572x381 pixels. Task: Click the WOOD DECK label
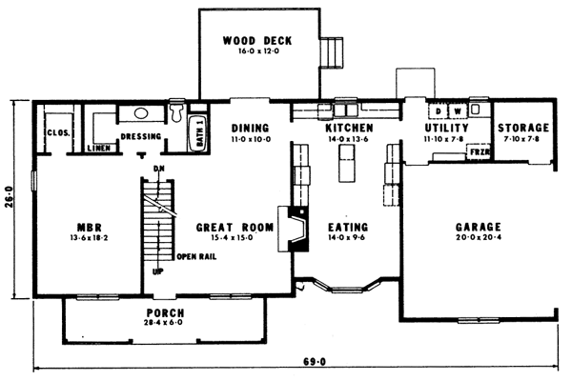pyautogui.click(x=256, y=40)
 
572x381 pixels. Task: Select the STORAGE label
pyautogui.click(x=523, y=128)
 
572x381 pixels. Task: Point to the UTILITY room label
pyautogui.click(x=444, y=128)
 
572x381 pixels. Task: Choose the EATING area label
pyautogui.click(x=348, y=228)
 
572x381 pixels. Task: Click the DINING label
pyautogui.click(x=250, y=128)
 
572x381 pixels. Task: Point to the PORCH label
pyautogui.click(x=165, y=313)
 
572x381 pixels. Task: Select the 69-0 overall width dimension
pyautogui.click(x=315, y=362)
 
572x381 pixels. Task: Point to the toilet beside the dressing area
pyautogui.click(x=176, y=113)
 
